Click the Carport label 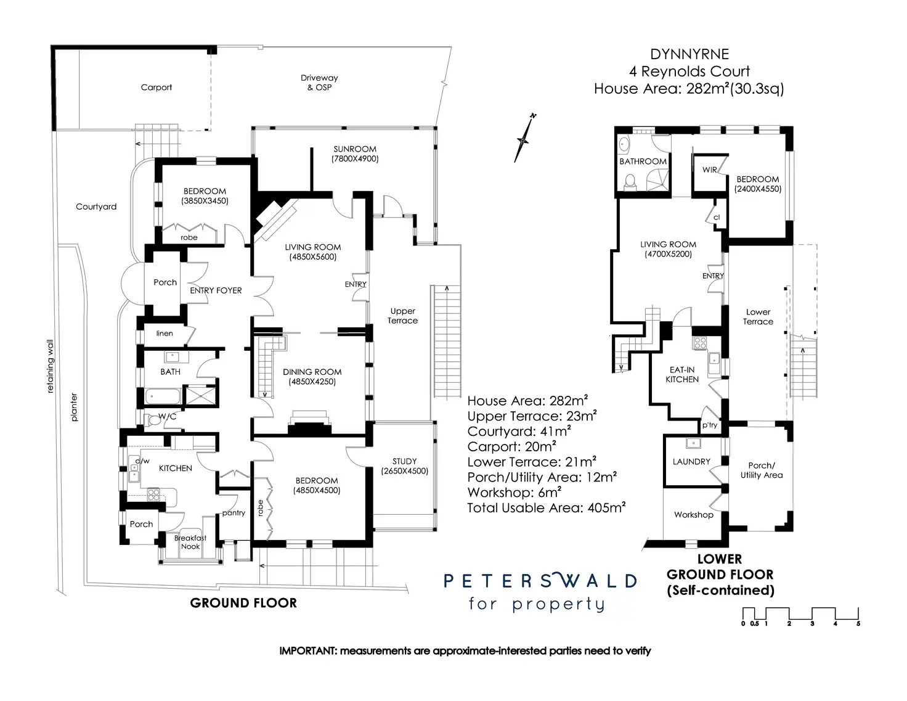click(156, 88)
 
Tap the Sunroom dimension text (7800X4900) click(355, 158)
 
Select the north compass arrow click(524, 137)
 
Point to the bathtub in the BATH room click(163, 396)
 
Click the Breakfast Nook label click(190, 542)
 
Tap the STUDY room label click(404, 461)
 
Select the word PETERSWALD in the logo click(540, 581)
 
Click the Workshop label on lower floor click(694, 515)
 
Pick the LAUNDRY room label click(691, 461)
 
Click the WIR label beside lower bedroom click(710, 170)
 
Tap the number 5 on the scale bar click(858, 624)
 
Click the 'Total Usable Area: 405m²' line click(546, 507)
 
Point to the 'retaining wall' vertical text click(50, 366)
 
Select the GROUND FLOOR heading click(243, 603)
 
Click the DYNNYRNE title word click(689, 54)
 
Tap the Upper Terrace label click(402, 316)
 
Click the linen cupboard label click(165, 333)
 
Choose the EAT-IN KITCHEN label click(682, 374)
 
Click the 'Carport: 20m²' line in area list click(511, 447)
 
